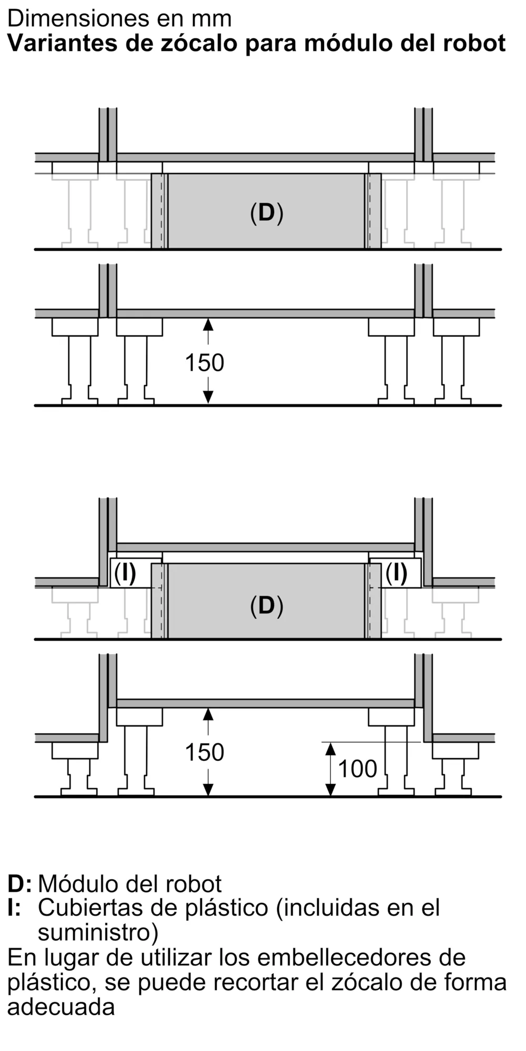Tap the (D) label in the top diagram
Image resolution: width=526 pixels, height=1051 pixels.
(x=267, y=213)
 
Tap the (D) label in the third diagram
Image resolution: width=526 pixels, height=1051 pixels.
(x=267, y=606)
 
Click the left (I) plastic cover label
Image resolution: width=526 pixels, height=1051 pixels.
(x=125, y=573)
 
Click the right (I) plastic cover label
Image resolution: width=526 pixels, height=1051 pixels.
(x=396, y=573)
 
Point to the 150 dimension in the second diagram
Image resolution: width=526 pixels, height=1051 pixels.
(x=205, y=363)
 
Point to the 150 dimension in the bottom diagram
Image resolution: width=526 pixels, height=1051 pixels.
(x=205, y=753)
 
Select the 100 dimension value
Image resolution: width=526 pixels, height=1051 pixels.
(x=358, y=769)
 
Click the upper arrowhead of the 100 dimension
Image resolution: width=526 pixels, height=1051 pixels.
(x=330, y=748)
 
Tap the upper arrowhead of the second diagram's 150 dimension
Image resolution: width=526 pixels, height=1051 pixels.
(x=209, y=324)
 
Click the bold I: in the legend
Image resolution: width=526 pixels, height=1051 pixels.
(x=14, y=908)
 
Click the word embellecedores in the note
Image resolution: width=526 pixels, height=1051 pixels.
(x=355, y=957)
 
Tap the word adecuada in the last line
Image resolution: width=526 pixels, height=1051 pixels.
(x=61, y=1007)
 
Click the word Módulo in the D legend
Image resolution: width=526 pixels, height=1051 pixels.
(x=78, y=884)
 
